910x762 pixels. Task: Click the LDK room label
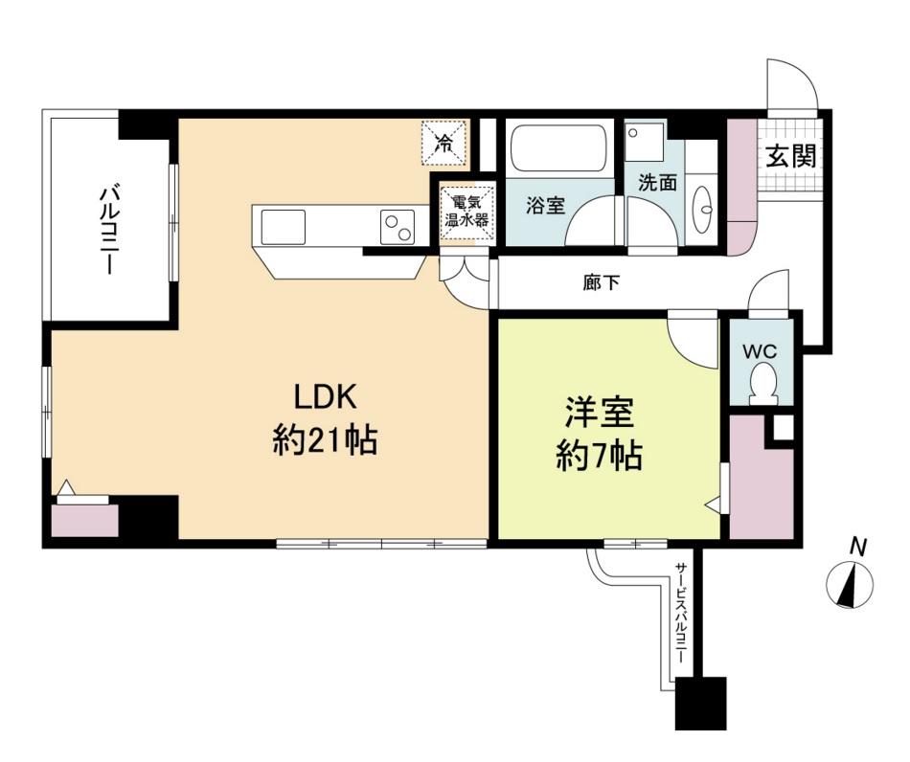(x=325, y=397)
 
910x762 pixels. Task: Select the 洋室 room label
(x=600, y=414)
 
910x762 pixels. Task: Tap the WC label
(x=762, y=350)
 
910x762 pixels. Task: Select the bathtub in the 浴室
(x=558, y=149)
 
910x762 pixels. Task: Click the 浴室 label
(x=546, y=204)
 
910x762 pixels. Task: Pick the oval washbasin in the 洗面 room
(x=705, y=205)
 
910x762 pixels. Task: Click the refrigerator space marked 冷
(x=445, y=143)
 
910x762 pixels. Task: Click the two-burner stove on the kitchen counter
(x=397, y=227)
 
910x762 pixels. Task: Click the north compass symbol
(x=849, y=583)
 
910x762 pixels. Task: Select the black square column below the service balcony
(x=700, y=704)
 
